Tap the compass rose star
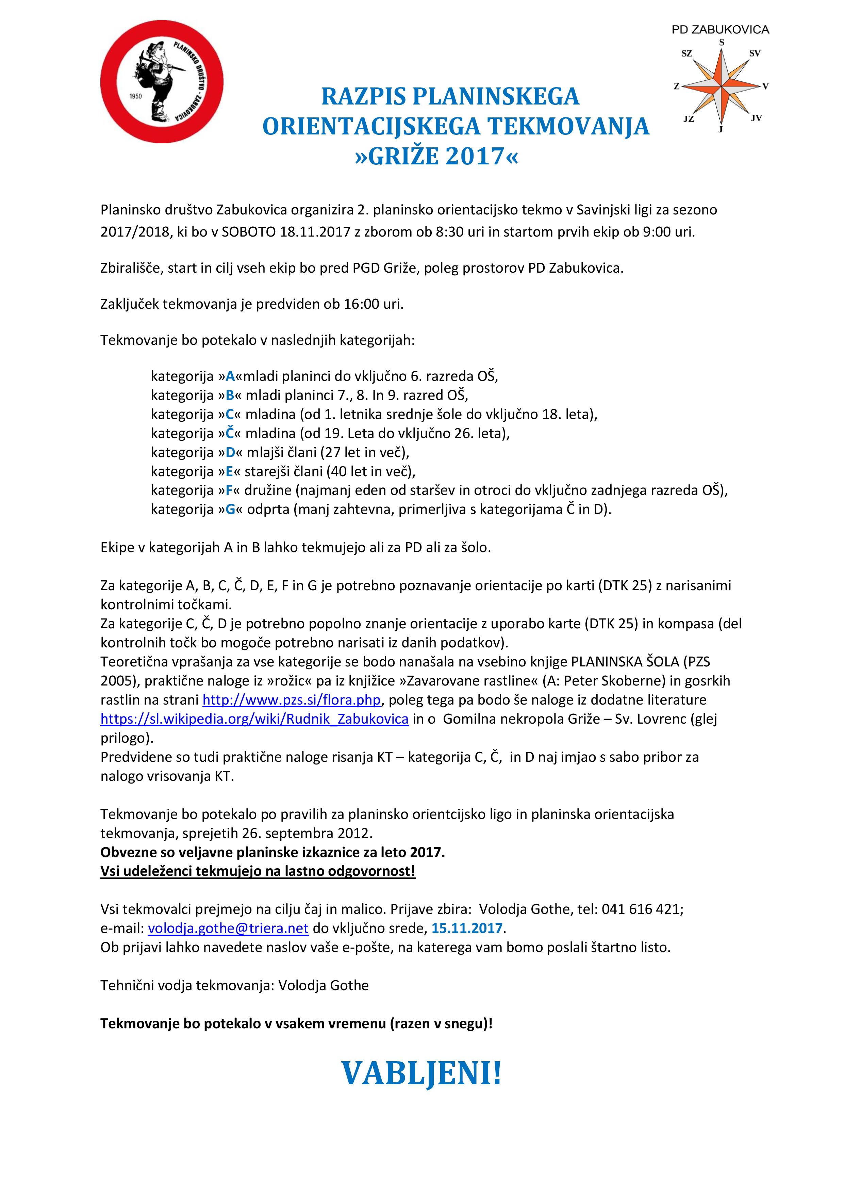click(721, 85)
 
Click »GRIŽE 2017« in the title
click(436, 156)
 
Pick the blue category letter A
click(230, 376)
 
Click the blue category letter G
click(230, 510)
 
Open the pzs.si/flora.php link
click(292, 700)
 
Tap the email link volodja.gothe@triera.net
click(228, 928)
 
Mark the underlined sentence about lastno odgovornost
click(258, 871)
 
